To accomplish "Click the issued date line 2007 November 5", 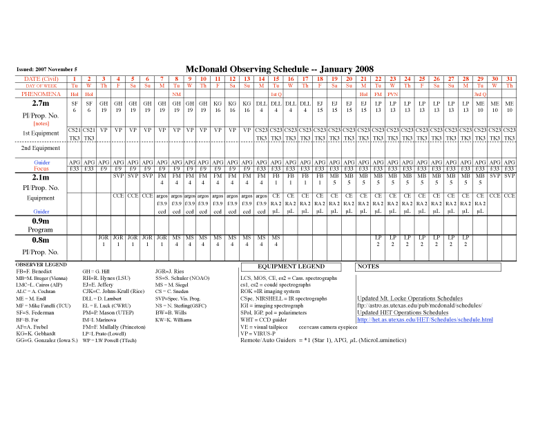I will pos(47,70).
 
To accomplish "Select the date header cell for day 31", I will pos(510,79).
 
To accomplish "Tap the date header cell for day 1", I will pos(75,79).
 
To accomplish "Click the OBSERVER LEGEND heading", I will pos(41,265).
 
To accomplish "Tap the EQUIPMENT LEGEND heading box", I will pos(291,266).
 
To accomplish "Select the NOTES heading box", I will pos(370,266).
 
